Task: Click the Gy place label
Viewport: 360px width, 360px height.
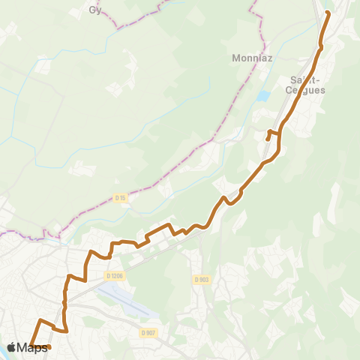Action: (x=94, y=10)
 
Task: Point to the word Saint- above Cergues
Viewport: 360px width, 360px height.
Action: (x=302, y=79)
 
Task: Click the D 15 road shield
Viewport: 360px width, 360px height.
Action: (x=120, y=198)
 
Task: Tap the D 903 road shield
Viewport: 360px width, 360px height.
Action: (x=201, y=280)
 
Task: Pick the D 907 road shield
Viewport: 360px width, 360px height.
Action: (x=148, y=333)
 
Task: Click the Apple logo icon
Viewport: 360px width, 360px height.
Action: (x=11, y=347)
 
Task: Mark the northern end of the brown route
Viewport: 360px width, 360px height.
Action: (x=328, y=12)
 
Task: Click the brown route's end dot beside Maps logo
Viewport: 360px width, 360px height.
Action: (x=49, y=347)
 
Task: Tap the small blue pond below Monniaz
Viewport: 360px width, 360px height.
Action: (x=262, y=97)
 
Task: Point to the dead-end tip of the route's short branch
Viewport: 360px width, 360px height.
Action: (x=268, y=139)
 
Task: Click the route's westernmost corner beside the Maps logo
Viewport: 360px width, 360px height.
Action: (x=31, y=344)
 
